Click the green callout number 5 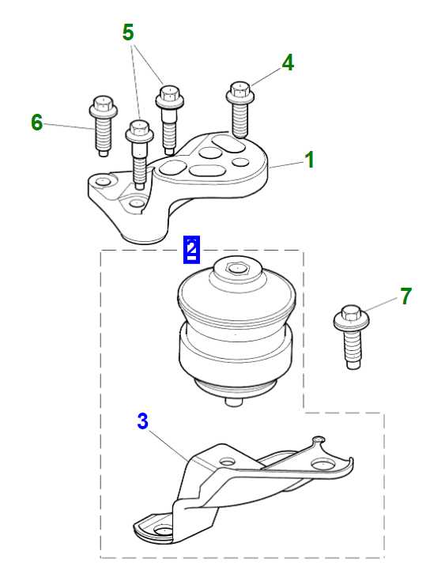click(x=128, y=32)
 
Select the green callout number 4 click(x=288, y=62)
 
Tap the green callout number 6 click(x=36, y=123)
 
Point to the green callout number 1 click(x=309, y=160)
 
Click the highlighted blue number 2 click(x=191, y=249)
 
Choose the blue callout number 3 click(x=142, y=421)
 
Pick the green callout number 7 click(x=406, y=296)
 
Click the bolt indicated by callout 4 click(x=240, y=109)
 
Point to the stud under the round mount click(x=233, y=402)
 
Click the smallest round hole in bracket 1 click(x=240, y=162)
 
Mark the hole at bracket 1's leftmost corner click(x=102, y=182)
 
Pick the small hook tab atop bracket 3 click(x=319, y=440)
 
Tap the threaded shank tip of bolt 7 click(x=354, y=365)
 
